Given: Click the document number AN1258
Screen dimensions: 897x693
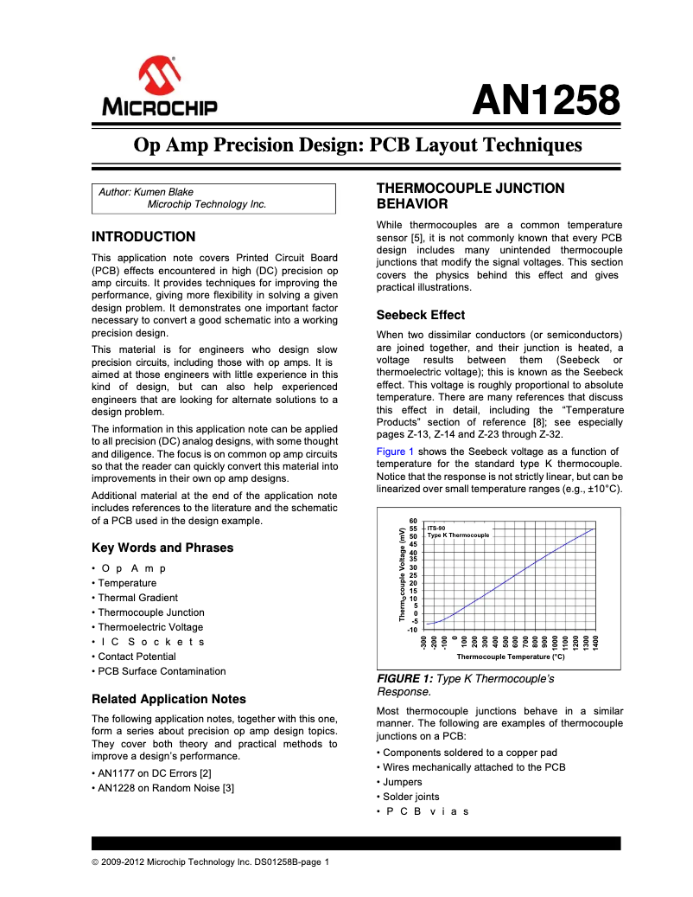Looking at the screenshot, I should click(545, 101).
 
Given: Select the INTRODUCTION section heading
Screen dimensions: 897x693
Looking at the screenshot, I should click(143, 237).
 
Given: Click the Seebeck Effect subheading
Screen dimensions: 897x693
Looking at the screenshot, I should click(420, 315).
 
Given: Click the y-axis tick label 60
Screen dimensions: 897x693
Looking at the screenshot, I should click(413, 521).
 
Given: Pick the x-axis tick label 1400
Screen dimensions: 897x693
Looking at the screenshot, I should click(596, 643).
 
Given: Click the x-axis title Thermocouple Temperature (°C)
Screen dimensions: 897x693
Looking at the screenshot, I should click(510, 657).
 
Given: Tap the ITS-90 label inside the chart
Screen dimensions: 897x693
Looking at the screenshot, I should click(436, 528).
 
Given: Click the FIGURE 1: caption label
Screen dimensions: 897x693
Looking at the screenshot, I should click(405, 679).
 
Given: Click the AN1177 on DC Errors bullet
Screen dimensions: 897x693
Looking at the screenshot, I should click(155, 773).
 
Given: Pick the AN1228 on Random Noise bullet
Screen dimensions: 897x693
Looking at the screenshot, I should click(166, 788).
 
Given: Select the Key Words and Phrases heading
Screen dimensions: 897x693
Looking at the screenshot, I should click(162, 548).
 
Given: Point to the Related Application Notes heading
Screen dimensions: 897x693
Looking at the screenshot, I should click(168, 699).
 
